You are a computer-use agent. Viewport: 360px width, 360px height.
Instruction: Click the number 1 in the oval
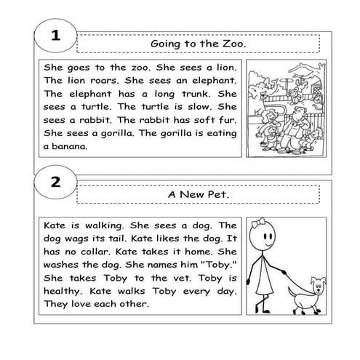coord(56,35)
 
